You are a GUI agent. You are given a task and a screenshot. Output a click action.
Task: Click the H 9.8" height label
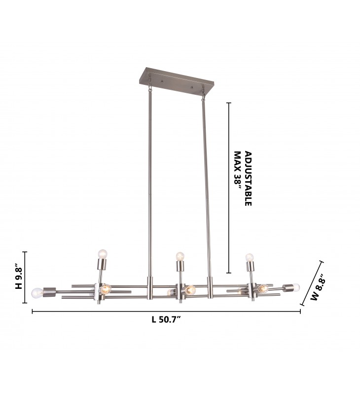[x=19, y=276]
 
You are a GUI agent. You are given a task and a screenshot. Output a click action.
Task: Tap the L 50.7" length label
[x=166, y=319]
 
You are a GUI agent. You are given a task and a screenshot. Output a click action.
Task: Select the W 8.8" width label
[x=318, y=290]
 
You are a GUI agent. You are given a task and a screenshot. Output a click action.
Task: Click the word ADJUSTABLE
[x=248, y=179]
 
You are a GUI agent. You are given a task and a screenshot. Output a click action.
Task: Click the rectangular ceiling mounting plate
[x=176, y=81]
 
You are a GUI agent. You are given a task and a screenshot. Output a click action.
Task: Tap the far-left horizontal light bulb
[x=37, y=293]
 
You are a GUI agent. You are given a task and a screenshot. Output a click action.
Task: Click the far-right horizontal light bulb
[x=295, y=287]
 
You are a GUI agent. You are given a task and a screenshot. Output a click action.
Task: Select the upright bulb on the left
[x=103, y=253]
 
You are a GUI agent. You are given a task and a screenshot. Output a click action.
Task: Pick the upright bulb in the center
[x=180, y=256]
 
